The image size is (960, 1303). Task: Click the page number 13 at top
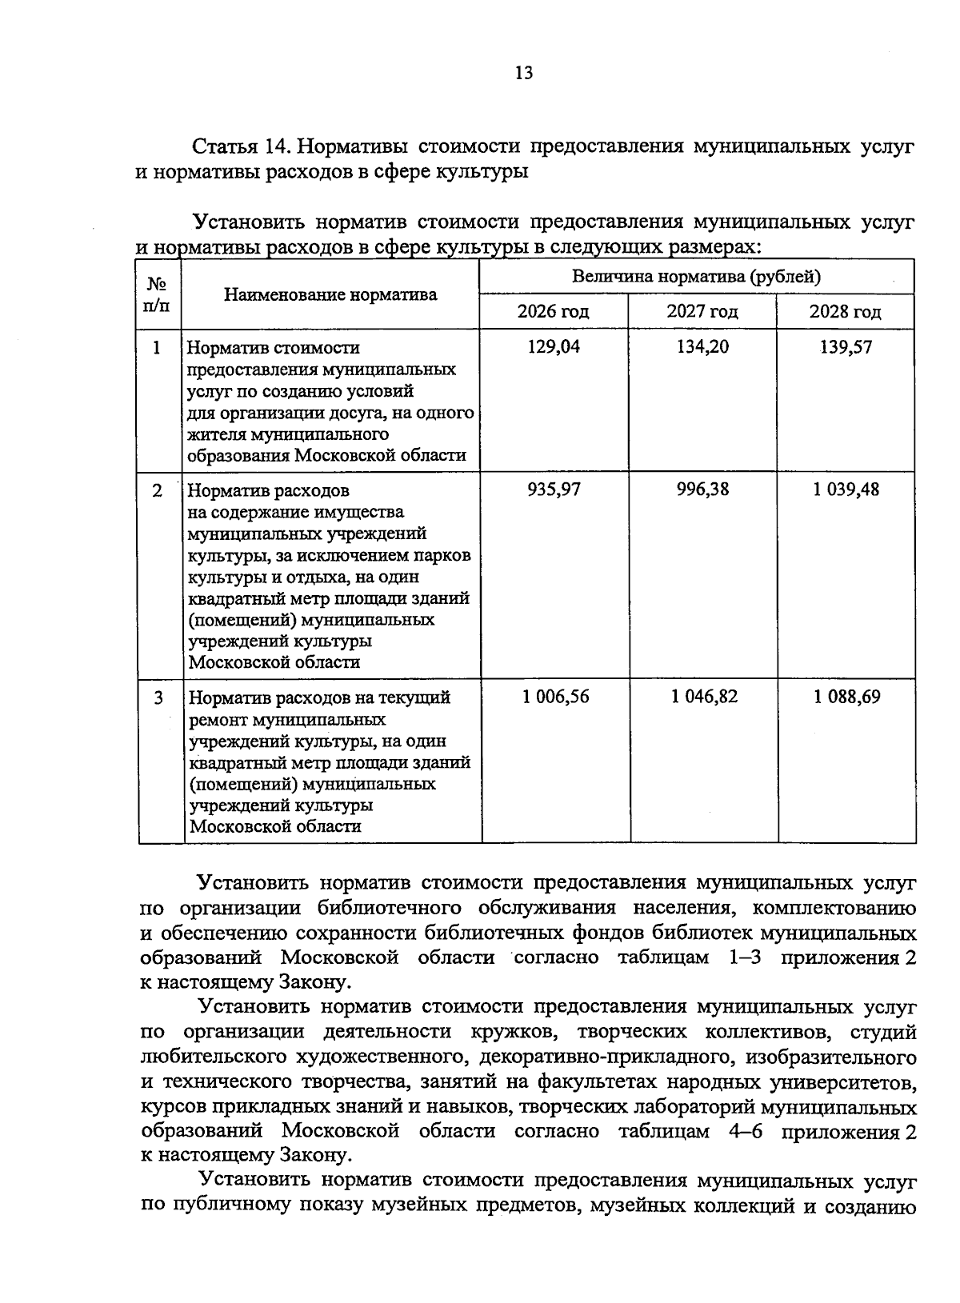pyautogui.click(x=523, y=74)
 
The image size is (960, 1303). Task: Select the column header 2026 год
pyautogui.click(x=553, y=311)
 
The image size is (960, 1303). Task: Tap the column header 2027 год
pyautogui.click(x=702, y=311)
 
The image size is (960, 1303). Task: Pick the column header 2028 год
pyautogui.click(x=845, y=311)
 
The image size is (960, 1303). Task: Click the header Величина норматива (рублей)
pyautogui.click(x=696, y=278)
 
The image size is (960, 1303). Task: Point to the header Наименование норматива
pyautogui.click(x=330, y=294)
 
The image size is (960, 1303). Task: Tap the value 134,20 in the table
pyautogui.click(x=702, y=347)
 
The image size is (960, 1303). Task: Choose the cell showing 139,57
pyautogui.click(x=845, y=347)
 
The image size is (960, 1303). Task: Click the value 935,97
pyautogui.click(x=553, y=489)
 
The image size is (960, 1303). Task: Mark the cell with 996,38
pyautogui.click(x=702, y=489)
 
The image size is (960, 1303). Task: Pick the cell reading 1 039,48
pyautogui.click(x=846, y=489)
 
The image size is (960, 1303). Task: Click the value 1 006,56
pyautogui.click(x=555, y=697)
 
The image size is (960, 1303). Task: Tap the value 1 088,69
pyautogui.click(x=847, y=697)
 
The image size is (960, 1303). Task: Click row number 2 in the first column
pyautogui.click(x=158, y=490)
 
